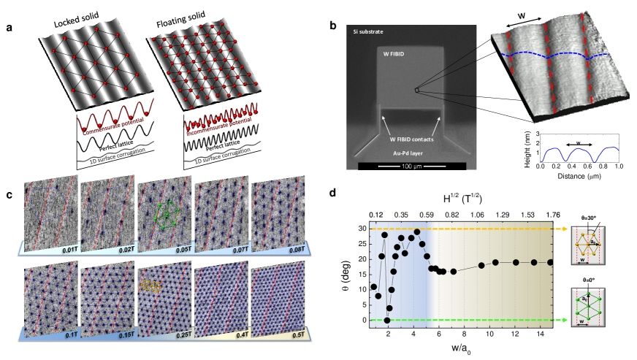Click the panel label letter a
pos(9,27)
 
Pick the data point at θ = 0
pos(387,321)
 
